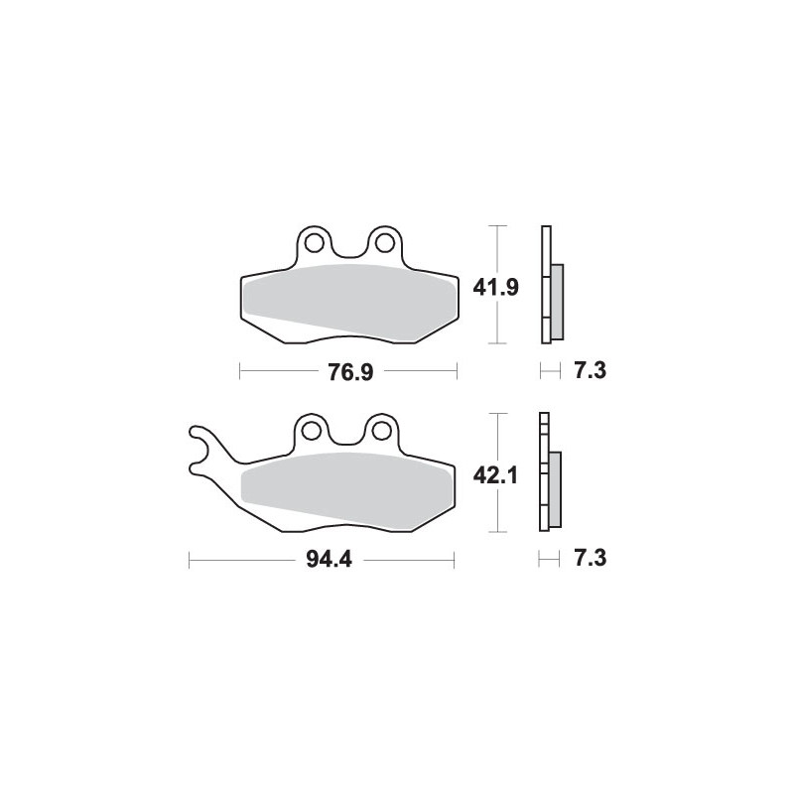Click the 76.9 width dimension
coord(350,372)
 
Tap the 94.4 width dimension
coord(329,560)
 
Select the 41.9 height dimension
coord(495,288)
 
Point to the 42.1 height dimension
coord(495,475)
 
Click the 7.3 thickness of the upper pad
coord(590,370)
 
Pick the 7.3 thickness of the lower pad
coord(590,558)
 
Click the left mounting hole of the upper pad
coord(315,243)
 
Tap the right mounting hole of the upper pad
coord(385,243)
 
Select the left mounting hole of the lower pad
coord(311,431)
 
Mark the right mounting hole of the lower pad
coord(381,431)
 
